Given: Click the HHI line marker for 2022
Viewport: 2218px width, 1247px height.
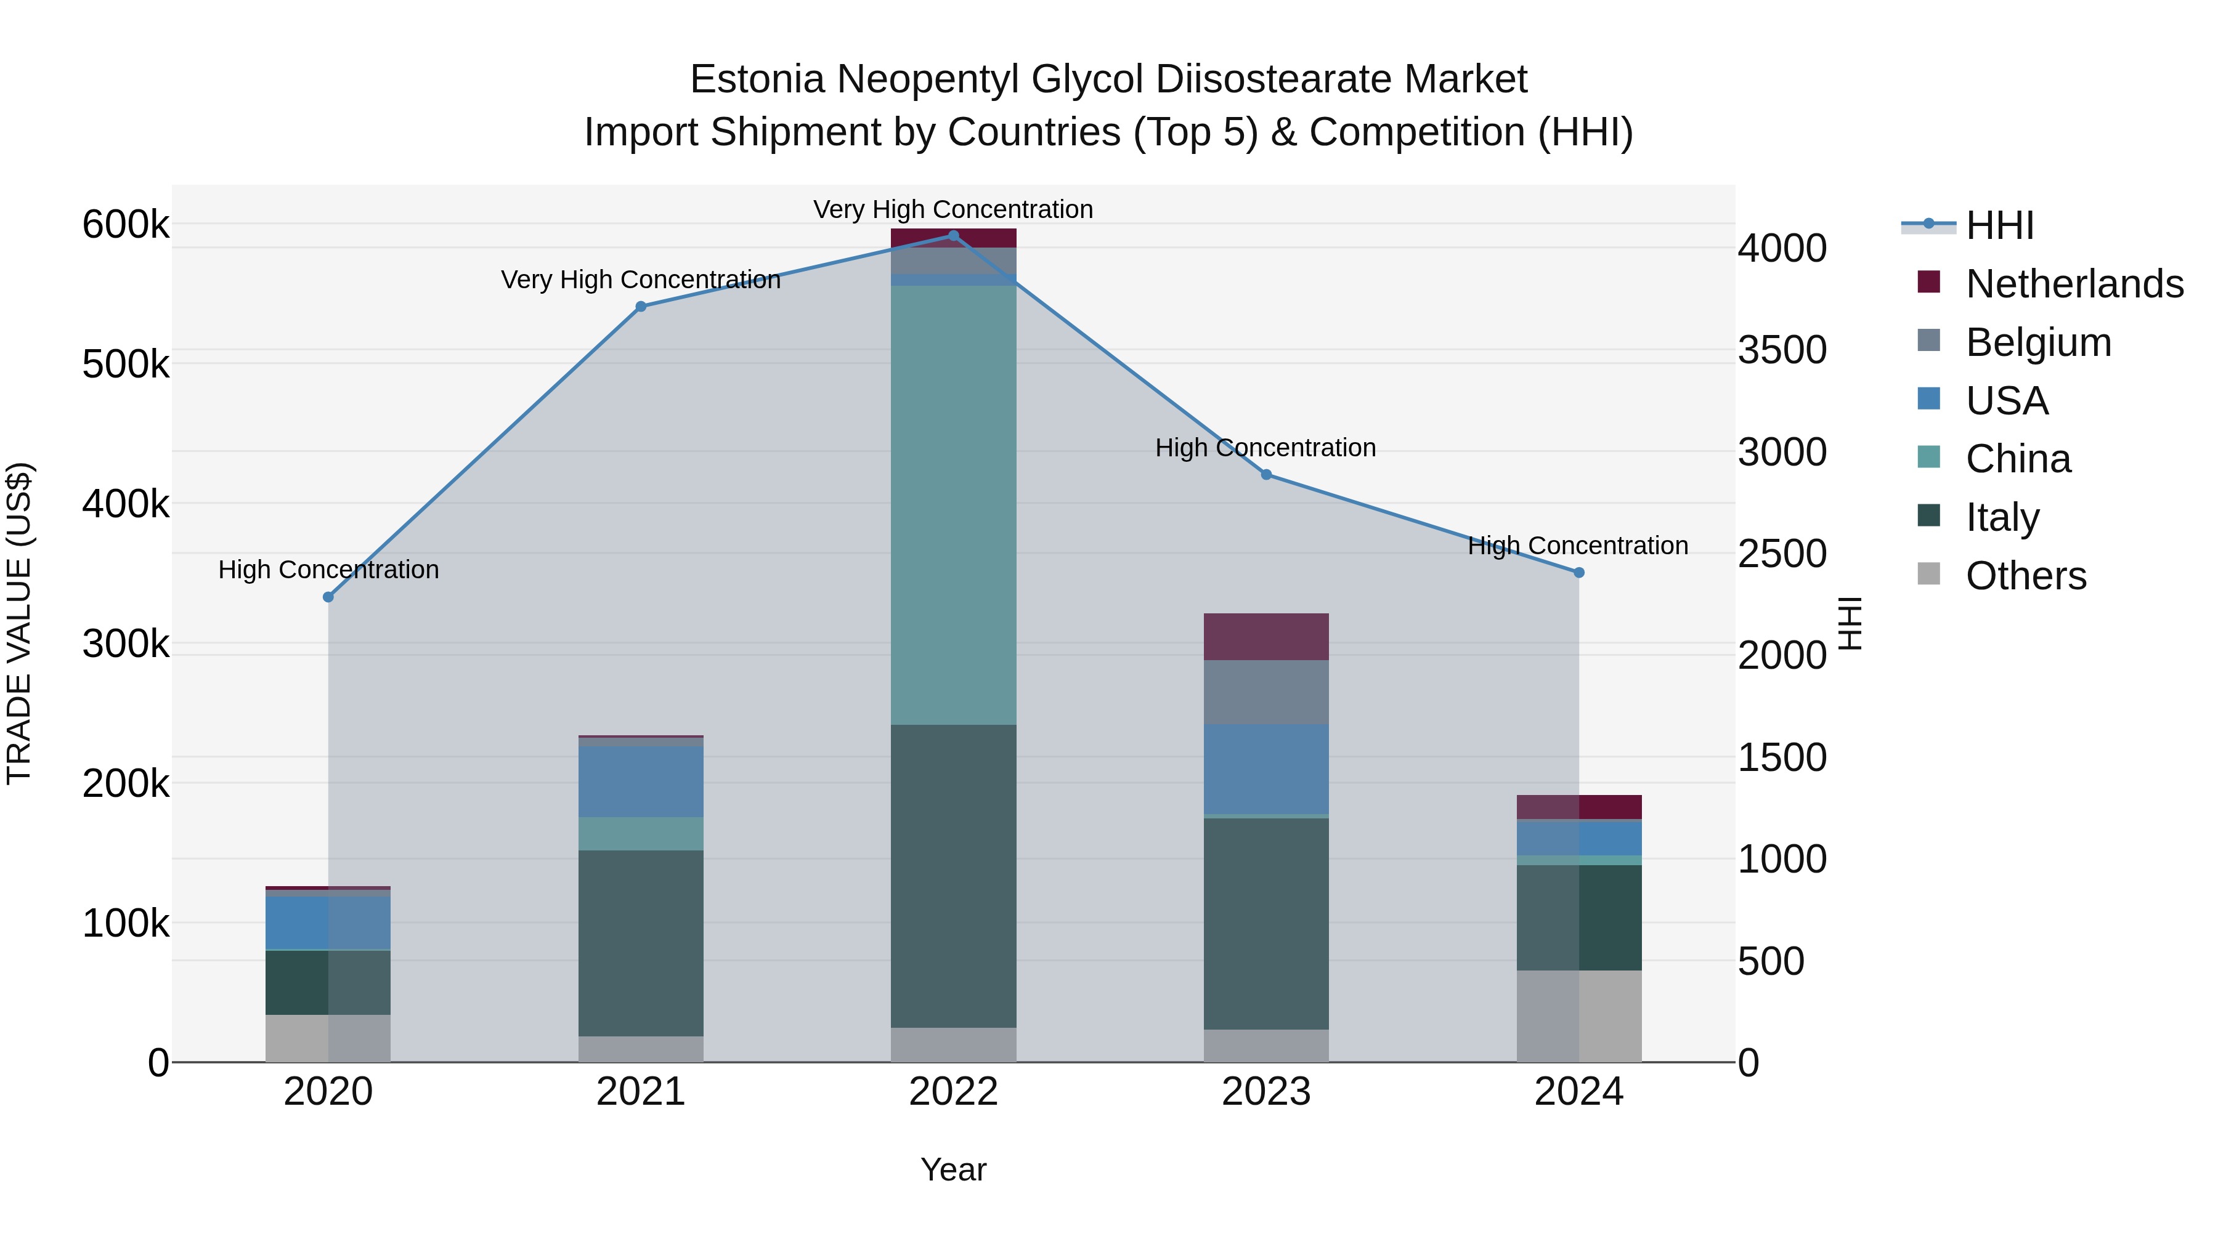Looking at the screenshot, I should (x=953, y=235).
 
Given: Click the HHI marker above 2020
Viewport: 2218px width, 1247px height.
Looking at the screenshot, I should (x=328, y=596).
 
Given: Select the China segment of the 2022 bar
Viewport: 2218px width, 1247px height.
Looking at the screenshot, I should (x=953, y=505).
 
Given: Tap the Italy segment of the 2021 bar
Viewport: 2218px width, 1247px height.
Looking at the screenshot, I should (x=641, y=943).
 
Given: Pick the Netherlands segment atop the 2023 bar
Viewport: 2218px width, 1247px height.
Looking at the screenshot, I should (x=1265, y=637).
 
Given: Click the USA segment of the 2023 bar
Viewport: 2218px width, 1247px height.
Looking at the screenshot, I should (x=1265, y=769).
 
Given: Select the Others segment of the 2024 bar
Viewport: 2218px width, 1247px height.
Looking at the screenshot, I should (x=1578, y=1015).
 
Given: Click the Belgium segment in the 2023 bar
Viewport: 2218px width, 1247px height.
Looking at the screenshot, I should (x=1265, y=692).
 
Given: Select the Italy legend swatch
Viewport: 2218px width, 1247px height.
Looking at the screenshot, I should (x=1928, y=517).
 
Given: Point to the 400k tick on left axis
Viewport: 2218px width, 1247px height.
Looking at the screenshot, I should (x=126, y=504).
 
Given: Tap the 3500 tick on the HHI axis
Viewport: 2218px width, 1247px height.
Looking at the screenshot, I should (x=1781, y=350).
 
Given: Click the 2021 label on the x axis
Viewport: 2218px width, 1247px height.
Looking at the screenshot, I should (x=641, y=1092).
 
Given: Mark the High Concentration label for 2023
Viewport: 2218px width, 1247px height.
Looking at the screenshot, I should (x=1265, y=448).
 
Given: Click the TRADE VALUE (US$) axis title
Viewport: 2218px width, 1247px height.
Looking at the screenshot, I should (x=19, y=623).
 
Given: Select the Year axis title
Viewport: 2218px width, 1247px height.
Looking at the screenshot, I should (x=953, y=1169).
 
